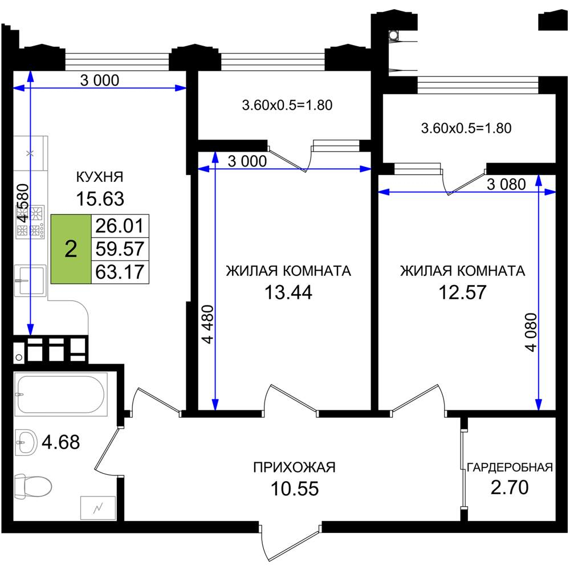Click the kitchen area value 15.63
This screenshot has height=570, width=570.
(x=100, y=199)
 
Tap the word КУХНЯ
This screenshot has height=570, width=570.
(x=100, y=177)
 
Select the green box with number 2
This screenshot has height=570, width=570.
(x=71, y=249)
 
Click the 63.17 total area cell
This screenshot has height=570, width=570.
(x=120, y=272)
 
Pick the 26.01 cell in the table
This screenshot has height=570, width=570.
(x=120, y=226)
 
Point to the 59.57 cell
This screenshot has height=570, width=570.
(x=120, y=249)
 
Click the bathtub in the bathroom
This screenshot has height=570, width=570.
(x=61, y=394)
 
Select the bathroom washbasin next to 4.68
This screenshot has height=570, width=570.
(x=26, y=442)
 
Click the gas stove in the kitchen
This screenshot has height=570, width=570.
(x=30, y=222)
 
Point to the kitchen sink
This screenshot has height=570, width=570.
(x=30, y=280)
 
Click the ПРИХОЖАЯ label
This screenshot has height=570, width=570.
(x=295, y=467)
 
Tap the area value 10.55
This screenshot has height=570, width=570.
(x=295, y=488)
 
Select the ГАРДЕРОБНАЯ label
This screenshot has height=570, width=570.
(x=510, y=467)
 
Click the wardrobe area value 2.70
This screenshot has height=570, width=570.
(x=510, y=487)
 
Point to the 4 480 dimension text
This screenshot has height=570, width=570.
(x=208, y=324)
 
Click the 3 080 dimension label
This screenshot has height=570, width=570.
(x=506, y=185)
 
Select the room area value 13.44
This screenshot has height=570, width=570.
(x=288, y=292)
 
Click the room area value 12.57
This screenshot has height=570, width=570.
(x=462, y=292)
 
